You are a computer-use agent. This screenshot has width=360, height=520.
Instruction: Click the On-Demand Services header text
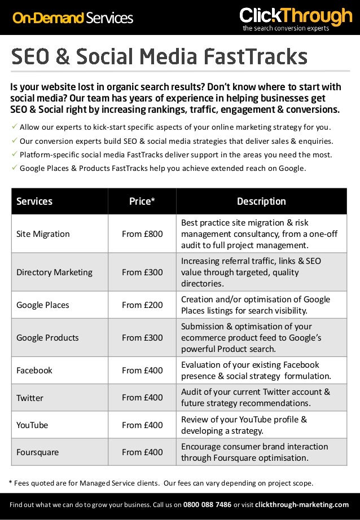click(x=73, y=18)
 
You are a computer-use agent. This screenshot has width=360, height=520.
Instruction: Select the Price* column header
click(x=142, y=201)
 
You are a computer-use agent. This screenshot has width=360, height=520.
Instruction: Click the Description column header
click(x=261, y=201)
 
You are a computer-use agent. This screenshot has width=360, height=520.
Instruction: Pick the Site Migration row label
click(x=43, y=233)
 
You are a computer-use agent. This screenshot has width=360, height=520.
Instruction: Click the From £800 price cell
click(x=142, y=233)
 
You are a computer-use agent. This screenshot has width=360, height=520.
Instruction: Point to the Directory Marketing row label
click(x=54, y=272)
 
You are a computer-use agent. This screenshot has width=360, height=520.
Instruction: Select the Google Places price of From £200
click(x=142, y=305)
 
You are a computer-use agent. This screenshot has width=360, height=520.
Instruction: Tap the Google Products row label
click(x=47, y=337)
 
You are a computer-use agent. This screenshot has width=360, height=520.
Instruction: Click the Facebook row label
click(x=34, y=370)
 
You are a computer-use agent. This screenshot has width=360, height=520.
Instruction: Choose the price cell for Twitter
click(x=142, y=397)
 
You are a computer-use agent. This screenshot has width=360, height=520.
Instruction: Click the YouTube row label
click(x=32, y=425)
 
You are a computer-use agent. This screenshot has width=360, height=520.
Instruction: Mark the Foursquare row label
click(x=37, y=452)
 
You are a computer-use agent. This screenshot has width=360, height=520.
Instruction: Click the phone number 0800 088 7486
click(x=207, y=504)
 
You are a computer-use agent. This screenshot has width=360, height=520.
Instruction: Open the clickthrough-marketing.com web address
click(x=302, y=504)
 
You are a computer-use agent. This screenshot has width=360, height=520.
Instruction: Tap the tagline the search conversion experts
click(x=286, y=28)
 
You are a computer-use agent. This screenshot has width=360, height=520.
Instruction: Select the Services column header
click(x=34, y=201)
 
